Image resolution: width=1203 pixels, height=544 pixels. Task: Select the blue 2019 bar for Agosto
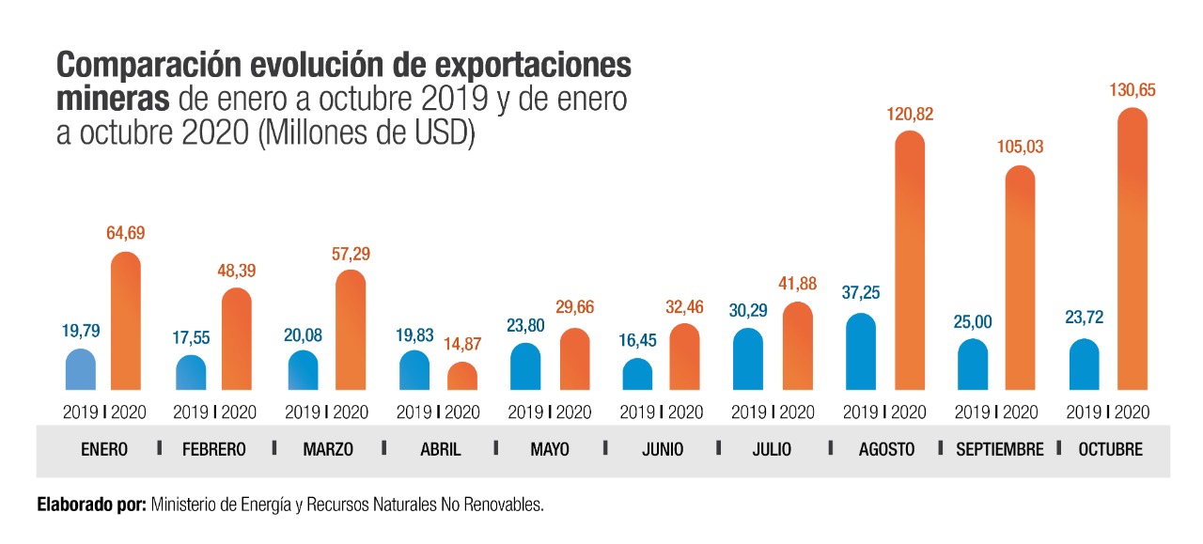[860, 352]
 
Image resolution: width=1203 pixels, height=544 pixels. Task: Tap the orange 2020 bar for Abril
[461, 377]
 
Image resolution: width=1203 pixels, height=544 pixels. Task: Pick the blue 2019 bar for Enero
[81, 370]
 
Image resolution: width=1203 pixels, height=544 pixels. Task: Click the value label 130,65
[1133, 90]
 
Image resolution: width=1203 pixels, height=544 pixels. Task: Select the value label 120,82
[909, 115]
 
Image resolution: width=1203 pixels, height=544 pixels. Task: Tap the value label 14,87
[461, 345]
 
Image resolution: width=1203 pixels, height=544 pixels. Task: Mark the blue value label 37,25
[860, 294]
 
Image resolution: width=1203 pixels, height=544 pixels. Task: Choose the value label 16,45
[637, 340]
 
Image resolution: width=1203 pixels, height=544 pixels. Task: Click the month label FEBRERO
[214, 449]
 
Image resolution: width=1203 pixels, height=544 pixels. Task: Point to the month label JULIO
[772, 449]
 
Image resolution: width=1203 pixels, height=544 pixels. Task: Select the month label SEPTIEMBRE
[1000, 449]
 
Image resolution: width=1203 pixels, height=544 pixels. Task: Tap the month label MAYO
[550, 449]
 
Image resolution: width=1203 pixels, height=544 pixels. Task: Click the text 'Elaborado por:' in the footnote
[90, 505]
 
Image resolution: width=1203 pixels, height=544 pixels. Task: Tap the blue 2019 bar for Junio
[637, 375]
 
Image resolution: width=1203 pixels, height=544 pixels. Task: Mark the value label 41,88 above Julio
[797, 284]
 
